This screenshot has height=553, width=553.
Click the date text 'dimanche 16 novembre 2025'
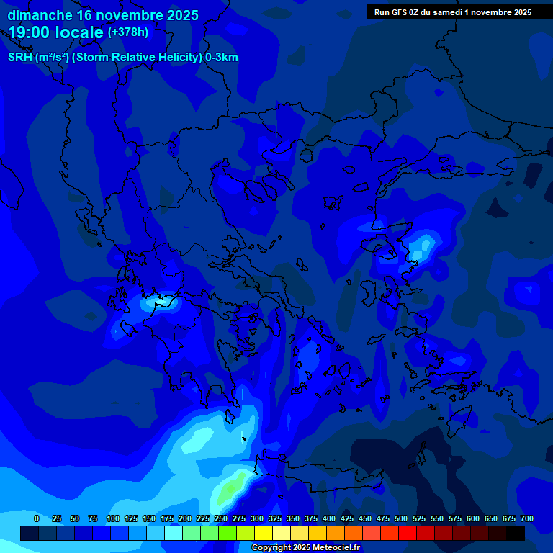pos(103,15)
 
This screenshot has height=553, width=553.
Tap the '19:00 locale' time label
pos(55,32)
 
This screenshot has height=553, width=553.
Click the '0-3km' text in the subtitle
pos(221,58)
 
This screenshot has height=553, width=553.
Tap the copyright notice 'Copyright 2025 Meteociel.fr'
pos(305,548)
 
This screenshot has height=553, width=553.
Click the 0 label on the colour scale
pos(37,519)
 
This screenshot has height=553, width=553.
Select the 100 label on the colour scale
pos(113,519)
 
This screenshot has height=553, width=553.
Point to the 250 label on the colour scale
pos(221,519)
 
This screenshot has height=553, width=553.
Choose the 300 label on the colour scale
pos(257,519)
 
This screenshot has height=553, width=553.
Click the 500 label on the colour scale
pos(401,519)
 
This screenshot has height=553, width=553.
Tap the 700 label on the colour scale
pos(527,519)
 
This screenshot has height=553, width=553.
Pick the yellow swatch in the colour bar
pos(264,534)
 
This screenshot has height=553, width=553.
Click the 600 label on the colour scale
pos(473,519)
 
